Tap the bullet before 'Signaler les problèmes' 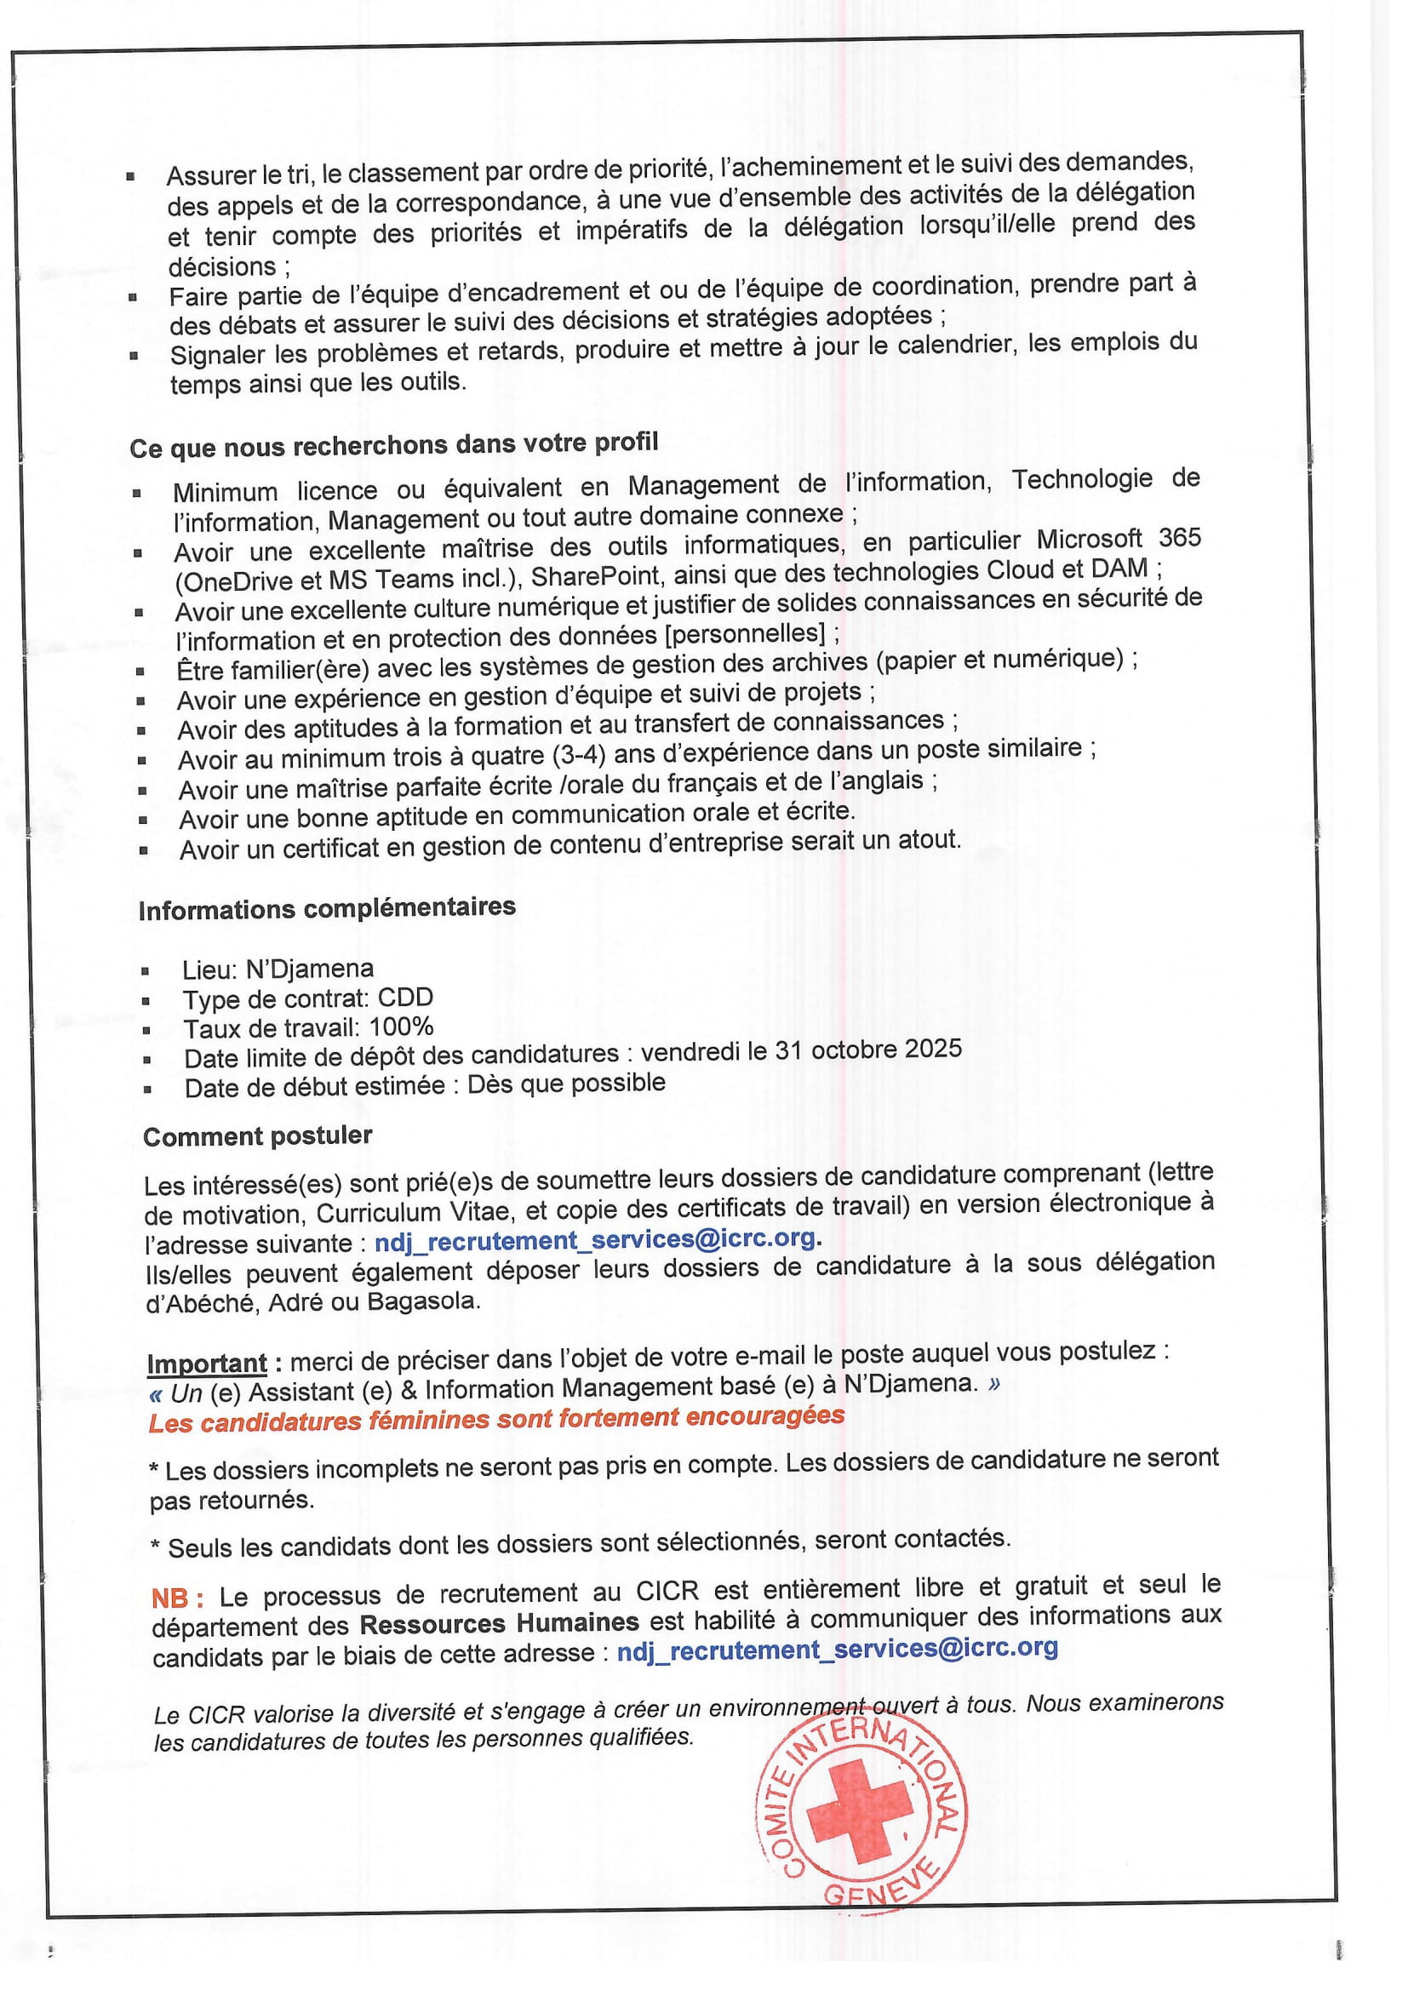tap(135, 356)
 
